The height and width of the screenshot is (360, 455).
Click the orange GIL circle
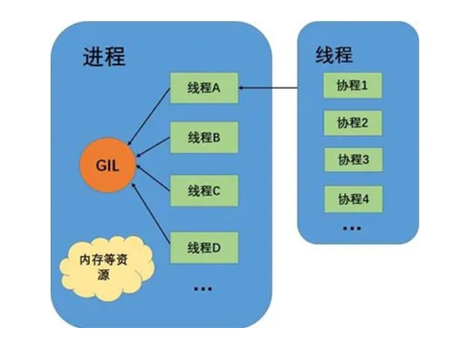[107, 165]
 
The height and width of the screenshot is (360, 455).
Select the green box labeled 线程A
[204, 88]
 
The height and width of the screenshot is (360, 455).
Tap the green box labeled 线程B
[204, 139]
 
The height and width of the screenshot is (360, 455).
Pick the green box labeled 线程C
[204, 191]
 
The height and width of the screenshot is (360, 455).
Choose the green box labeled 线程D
[204, 248]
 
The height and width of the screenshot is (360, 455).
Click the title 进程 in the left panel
[104, 57]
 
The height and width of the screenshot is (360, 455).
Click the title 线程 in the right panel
[334, 54]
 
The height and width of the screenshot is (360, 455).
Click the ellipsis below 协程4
[352, 229]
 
